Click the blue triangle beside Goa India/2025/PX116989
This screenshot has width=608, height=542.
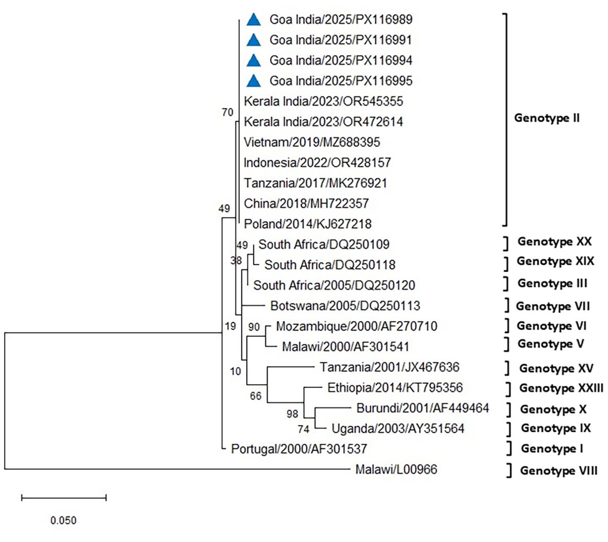(x=253, y=20)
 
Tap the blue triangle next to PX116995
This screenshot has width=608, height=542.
(x=253, y=81)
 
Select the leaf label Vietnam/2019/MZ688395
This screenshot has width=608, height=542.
(x=312, y=142)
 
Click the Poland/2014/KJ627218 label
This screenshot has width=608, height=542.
(x=307, y=224)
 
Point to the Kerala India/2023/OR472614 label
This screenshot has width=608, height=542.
(x=323, y=122)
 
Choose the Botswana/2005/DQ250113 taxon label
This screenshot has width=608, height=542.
(x=345, y=306)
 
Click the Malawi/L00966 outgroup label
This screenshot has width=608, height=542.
(x=396, y=469)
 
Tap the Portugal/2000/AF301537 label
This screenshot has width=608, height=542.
(x=299, y=449)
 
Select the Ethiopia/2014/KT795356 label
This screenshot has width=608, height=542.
(x=395, y=387)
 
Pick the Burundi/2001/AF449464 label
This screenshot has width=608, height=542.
(x=422, y=409)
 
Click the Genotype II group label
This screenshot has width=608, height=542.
(x=547, y=118)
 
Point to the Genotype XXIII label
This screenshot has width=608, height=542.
(x=561, y=388)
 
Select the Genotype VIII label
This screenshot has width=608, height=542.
(x=559, y=470)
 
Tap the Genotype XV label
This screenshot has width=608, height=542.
(x=556, y=368)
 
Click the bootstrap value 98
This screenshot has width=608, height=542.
(x=292, y=414)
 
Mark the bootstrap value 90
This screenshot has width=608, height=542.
(x=254, y=327)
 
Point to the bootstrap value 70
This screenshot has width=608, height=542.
(x=227, y=112)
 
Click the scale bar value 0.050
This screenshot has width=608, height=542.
(x=63, y=520)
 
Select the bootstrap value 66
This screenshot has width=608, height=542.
(x=256, y=396)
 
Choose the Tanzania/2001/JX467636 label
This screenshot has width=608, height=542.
(x=389, y=367)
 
